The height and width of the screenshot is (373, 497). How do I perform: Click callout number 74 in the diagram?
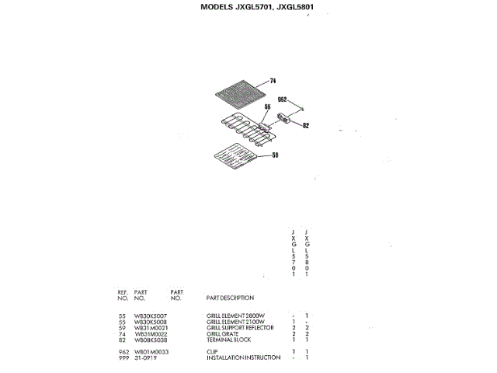(273, 81)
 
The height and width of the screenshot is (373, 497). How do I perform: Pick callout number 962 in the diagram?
(283, 99)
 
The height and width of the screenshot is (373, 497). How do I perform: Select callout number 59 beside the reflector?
(274, 156)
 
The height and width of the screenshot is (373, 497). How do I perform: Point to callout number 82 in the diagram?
(305, 125)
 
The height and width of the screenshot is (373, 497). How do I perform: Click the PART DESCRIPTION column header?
(230, 298)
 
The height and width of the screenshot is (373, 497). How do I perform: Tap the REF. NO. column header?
(123, 295)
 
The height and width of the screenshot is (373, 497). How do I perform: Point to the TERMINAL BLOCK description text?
(229, 340)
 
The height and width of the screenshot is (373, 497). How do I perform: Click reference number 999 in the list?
(122, 357)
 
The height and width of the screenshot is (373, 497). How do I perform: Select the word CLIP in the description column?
(212, 351)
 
